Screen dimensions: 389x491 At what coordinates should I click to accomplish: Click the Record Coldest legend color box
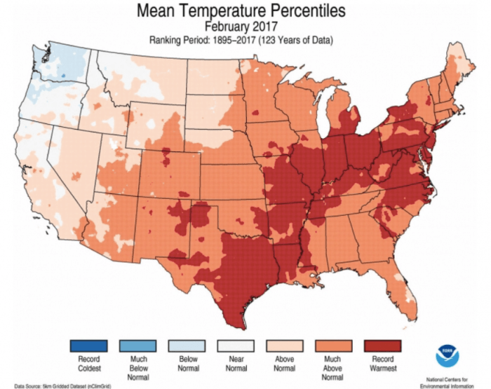coord(88,346)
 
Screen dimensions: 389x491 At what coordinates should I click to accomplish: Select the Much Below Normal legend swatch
coord(137,346)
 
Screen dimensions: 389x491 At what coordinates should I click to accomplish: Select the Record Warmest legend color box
coord(383,346)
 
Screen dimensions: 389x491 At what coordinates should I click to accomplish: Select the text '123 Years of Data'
coord(295,41)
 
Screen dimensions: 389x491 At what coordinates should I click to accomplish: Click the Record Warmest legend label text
coord(383,364)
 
